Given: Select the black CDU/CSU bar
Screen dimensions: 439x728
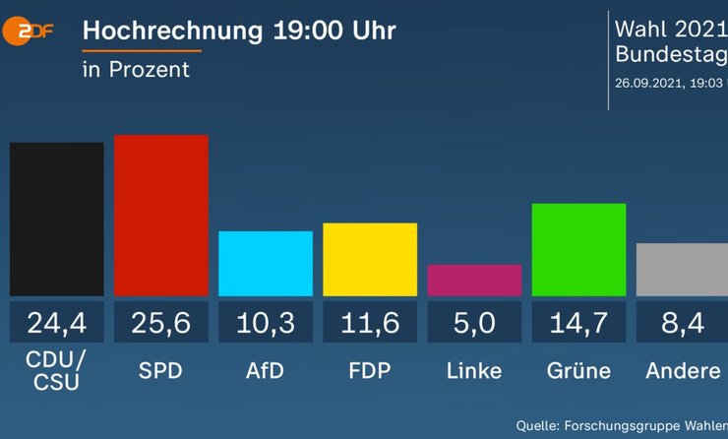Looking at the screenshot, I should point(57,219).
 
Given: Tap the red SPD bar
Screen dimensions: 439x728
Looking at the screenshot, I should point(161,215).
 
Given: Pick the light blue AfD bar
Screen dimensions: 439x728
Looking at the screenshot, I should point(266,263).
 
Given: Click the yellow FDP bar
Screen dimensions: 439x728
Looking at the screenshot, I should point(370,259).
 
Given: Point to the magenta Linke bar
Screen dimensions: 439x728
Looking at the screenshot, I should point(474,280).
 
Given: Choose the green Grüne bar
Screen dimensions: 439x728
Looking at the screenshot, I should point(578,249).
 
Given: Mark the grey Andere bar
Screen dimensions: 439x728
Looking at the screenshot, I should point(682,269).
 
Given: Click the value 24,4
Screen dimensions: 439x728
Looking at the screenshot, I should point(57,323).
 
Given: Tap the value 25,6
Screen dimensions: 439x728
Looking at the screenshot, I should point(161,323).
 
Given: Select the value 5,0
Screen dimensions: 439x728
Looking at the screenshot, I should point(474,323).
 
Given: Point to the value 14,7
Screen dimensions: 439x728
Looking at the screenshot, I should point(578,323).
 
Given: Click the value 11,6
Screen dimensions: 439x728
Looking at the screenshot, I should point(370,323).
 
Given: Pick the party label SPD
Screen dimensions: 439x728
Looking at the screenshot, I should point(161,371).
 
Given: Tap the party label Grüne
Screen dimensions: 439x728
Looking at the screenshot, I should point(578,371).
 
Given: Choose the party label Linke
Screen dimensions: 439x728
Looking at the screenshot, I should point(474,371).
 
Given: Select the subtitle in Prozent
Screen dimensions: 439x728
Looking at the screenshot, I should point(136,70).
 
